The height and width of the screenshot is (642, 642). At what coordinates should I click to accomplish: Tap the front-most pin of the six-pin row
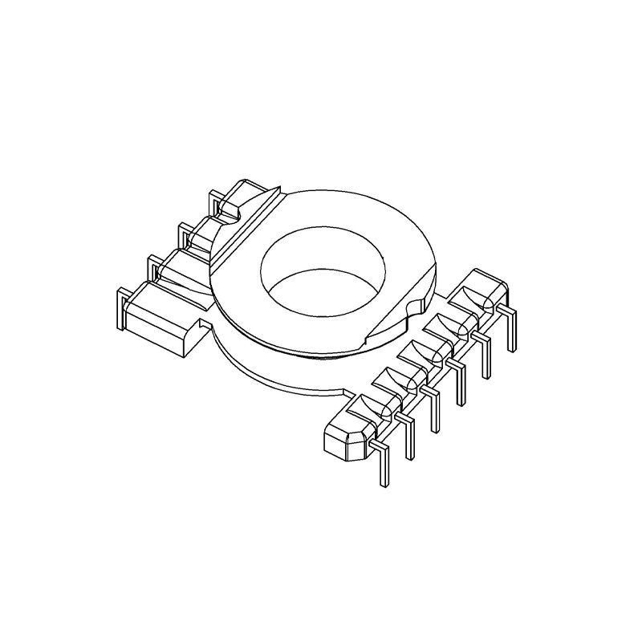[383, 465]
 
